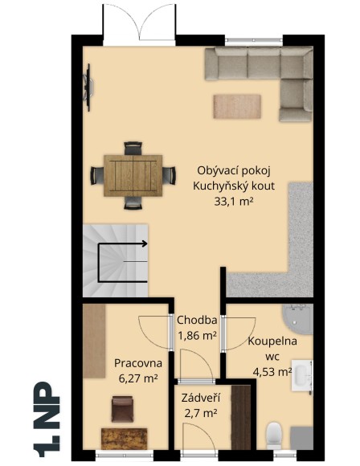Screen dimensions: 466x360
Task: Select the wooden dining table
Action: click(x=133, y=174)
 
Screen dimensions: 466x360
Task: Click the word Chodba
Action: click(x=197, y=319)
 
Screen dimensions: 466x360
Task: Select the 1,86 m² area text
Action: click(x=197, y=335)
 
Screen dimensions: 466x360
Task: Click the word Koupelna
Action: click(x=272, y=341)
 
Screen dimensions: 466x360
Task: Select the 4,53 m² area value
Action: click(x=272, y=371)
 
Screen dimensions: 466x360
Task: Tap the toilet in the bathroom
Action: click(x=273, y=434)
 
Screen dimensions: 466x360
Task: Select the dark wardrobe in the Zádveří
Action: click(x=236, y=423)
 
